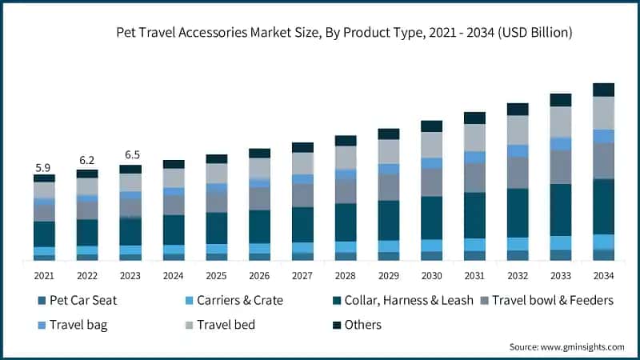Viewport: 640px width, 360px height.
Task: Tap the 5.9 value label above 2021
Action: tap(43, 168)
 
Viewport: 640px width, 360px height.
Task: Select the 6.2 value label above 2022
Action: tap(86, 161)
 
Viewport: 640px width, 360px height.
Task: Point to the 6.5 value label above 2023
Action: tap(130, 155)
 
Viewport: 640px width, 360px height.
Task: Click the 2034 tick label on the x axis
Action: tap(604, 276)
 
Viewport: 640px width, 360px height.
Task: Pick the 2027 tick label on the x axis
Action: tap(302, 276)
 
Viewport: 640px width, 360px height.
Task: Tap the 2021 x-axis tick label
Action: tap(44, 276)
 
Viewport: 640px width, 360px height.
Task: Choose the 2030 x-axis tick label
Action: tap(432, 276)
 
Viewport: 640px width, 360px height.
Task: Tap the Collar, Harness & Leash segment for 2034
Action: tap(604, 206)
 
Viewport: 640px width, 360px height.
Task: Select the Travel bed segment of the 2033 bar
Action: tap(561, 122)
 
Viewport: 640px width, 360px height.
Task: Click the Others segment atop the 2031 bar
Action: tap(475, 118)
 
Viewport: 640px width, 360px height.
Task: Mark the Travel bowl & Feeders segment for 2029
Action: tap(389, 187)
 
